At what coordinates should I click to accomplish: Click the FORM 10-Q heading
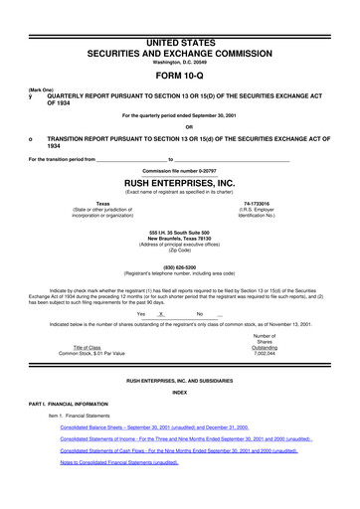click(179, 74)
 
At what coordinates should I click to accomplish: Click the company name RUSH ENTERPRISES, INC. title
click(179, 184)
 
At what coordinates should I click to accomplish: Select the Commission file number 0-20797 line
click(179, 171)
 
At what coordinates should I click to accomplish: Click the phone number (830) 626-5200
click(179, 267)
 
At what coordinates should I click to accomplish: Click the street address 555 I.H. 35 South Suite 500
click(179, 231)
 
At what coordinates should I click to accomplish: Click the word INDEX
click(179, 389)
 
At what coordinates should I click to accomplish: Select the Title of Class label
click(78, 346)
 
